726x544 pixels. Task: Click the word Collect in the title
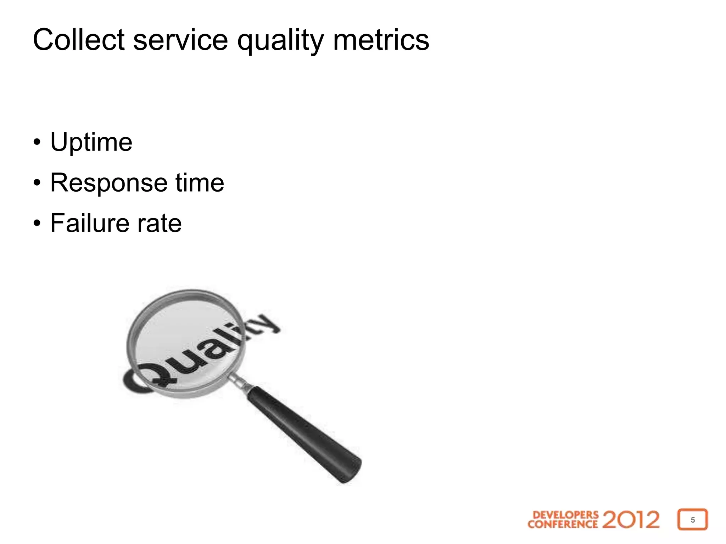click(78, 40)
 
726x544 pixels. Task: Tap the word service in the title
click(180, 40)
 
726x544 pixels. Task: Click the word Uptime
click(91, 142)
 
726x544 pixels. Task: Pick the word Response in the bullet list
click(108, 183)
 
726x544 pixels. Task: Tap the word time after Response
click(200, 183)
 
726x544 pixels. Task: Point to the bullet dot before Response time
click(37, 183)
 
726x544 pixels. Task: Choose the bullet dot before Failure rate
click(37, 223)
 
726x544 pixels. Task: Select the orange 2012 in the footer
click(631, 520)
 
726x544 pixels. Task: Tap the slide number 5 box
click(692, 520)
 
